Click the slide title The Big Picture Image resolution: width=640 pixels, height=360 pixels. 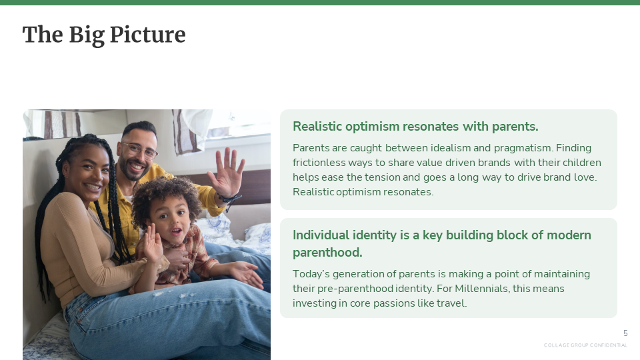pos(104,35)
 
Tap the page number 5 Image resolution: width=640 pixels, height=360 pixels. pos(625,333)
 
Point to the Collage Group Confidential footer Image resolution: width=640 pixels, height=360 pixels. pos(585,345)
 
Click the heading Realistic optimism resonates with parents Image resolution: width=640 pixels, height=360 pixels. pos(415,127)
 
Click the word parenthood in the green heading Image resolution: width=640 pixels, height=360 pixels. pos(327,253)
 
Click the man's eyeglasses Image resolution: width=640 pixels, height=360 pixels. pos(139,150)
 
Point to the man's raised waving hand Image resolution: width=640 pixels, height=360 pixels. pos(226,171)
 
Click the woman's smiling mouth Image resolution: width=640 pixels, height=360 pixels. pos(92,187)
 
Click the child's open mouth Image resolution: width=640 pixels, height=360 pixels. pos(176,231)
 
